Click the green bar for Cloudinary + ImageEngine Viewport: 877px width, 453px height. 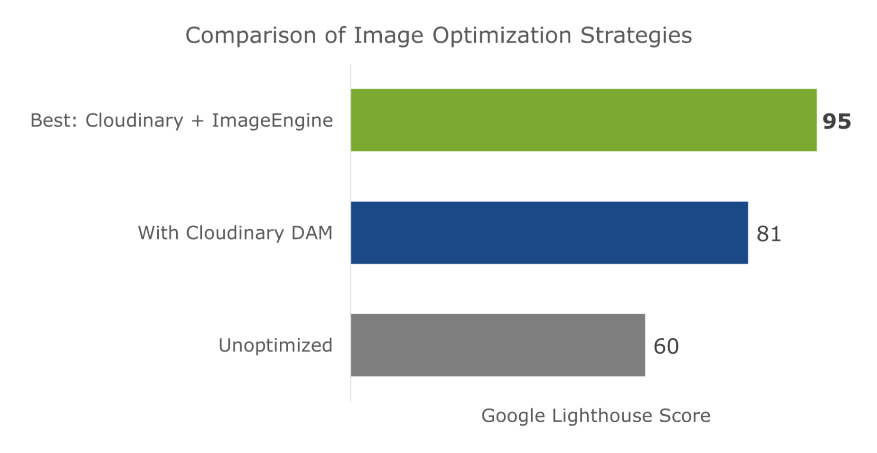(584, 120)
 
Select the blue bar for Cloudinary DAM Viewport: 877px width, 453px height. (549, 232)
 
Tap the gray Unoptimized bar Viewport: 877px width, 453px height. (498, 345)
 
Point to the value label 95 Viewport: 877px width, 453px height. (836, 121)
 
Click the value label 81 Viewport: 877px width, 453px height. (769, 234)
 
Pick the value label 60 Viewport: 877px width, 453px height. (666, 346)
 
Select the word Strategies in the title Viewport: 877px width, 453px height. (636, 36)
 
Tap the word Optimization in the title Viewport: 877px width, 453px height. (502, 36)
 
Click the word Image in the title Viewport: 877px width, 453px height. (388, 36)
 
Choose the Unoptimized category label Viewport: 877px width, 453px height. (275, 345)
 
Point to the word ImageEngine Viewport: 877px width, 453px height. (272, 121)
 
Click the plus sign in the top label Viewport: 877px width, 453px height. (198, 121)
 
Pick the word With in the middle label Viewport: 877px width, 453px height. (158, 233)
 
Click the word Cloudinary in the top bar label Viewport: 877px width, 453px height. (134, 121)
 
